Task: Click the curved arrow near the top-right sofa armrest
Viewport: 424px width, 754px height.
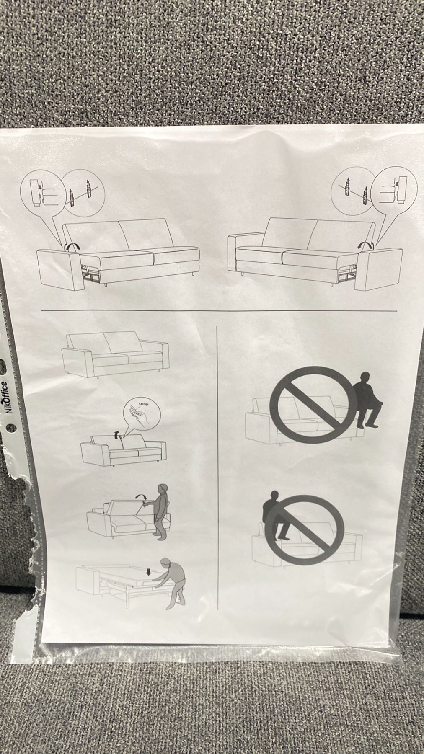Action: [365, 246]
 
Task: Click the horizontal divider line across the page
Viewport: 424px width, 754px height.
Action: [219, 311]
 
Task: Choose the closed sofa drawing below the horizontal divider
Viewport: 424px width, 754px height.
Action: [115, 354]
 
